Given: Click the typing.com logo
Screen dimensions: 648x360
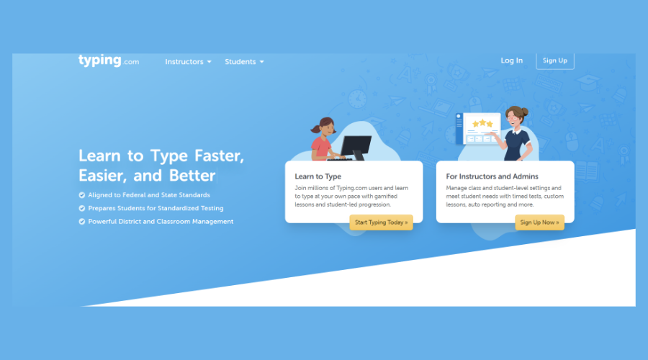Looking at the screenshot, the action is [109, 60].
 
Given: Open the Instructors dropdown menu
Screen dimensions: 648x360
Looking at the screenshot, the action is [188, 62].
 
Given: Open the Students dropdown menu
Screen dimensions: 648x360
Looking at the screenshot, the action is [244, 62].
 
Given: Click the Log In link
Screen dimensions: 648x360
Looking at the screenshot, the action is [512, 60].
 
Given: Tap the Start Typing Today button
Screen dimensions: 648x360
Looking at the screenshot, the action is [381, 222].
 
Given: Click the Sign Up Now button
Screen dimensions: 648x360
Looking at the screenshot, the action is [539, 222].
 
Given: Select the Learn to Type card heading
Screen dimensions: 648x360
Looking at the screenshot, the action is [318, 176].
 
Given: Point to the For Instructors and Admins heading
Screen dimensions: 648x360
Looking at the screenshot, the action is [492, 176].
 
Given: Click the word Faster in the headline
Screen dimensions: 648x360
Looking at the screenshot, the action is [219, 156].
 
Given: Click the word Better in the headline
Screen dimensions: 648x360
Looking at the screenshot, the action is [192, 176].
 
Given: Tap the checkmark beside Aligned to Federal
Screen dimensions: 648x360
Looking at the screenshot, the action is [82, 195].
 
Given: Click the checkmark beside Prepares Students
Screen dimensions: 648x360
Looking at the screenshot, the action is [82, 208].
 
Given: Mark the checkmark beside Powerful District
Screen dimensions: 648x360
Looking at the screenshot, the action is [82, 222].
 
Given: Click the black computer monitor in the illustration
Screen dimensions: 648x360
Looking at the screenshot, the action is [356, 145].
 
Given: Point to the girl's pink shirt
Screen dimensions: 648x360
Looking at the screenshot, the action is [320, 148].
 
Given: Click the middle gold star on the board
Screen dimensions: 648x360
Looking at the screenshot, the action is [482, 122].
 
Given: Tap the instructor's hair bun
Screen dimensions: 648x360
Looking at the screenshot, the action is [525, 111].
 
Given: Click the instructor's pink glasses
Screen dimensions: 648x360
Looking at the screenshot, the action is [513, 119].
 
